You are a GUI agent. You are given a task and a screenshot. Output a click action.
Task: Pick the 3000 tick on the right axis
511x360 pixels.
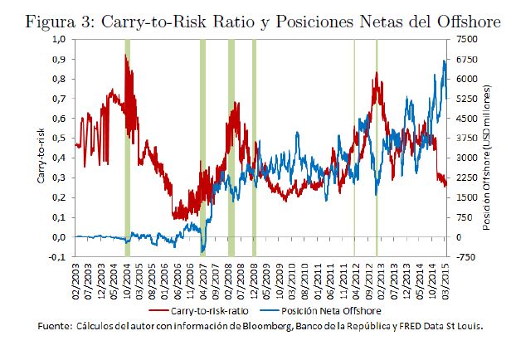coord(470,158)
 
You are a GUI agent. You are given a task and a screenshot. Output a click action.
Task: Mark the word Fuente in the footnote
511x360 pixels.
coord(55,328)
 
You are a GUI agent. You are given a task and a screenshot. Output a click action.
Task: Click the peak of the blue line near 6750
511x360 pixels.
coord(445,61)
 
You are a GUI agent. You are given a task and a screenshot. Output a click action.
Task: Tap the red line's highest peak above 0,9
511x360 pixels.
coord(125,56)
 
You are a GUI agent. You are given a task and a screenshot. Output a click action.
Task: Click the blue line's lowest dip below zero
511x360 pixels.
coord(202,251)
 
